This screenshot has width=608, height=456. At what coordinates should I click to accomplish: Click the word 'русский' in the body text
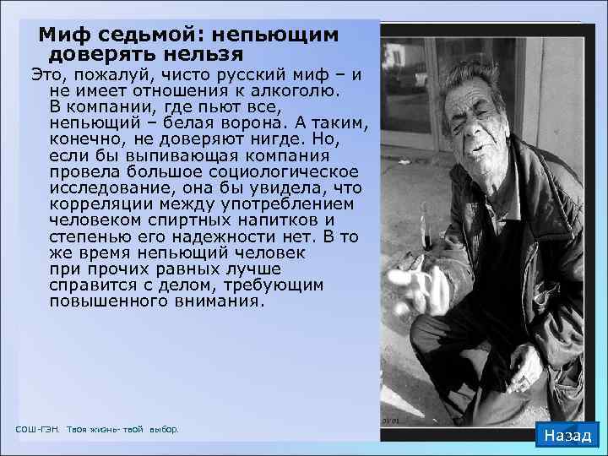click(x=234, y=74)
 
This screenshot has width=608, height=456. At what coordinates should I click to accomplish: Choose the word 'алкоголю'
click(x=291, y=90)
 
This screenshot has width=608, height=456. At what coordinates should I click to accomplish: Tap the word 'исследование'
click(x=101, y=188)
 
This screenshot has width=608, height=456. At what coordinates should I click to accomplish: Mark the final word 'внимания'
click(x=217, y=301)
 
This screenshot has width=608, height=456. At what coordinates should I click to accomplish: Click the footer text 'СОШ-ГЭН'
click(x=37, y=430)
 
